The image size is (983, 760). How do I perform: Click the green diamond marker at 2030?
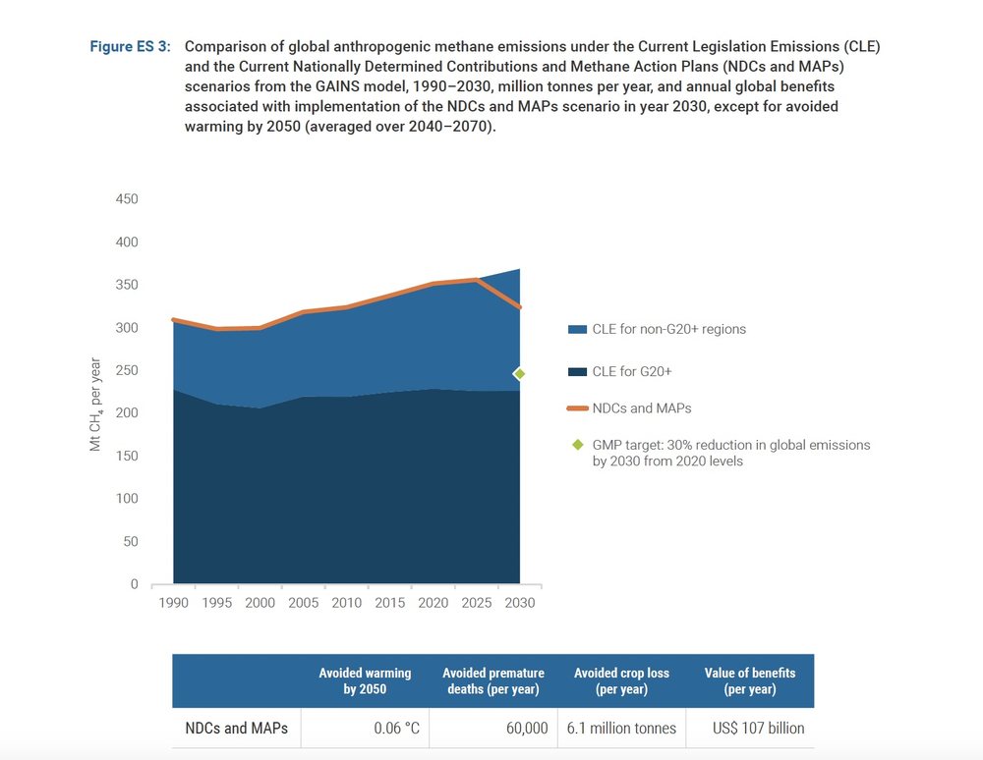click(519, 374)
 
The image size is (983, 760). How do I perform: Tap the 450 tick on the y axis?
click(127, 199)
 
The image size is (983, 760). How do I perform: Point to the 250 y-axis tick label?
click(127, 370)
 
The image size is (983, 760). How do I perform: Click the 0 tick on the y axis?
click(134, 584)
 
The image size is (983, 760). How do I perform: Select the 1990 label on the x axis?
click(174, 603)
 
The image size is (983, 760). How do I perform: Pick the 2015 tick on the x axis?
click(390, 603)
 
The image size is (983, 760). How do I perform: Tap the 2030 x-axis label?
click(520, 603)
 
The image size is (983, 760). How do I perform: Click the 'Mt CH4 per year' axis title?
click(95, 405)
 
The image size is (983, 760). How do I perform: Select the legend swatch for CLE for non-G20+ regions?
click(577, 329)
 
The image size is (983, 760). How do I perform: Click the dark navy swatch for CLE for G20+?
click(577, 372)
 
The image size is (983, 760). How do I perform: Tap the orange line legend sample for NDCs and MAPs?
click(577, 408)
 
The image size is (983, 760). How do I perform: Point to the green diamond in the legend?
click(578, 445)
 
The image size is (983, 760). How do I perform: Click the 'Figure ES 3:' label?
click(131, 46)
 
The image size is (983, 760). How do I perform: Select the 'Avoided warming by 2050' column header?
click(365, 681)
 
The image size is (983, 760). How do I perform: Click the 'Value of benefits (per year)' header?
click(750, 681)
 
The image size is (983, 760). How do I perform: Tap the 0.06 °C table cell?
click(397, 728)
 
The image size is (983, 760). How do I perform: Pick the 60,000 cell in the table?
click(527, 728)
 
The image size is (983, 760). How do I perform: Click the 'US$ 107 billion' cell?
click(759, 728)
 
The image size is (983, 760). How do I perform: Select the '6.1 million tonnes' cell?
click(621, 728)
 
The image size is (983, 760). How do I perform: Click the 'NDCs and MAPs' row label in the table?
click(236, 728)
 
